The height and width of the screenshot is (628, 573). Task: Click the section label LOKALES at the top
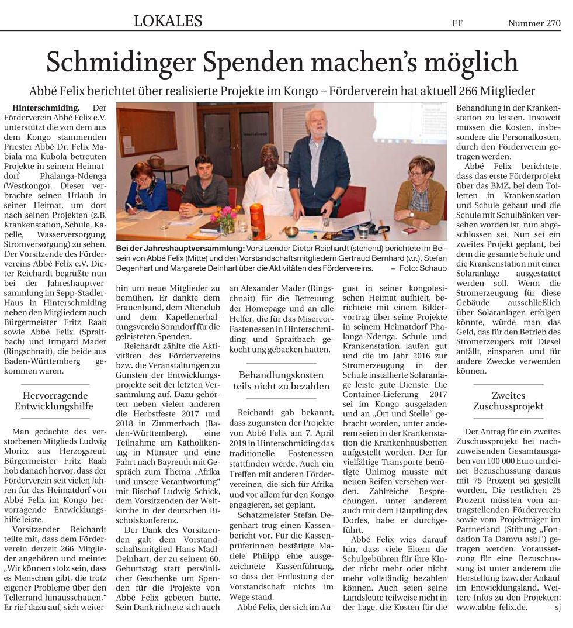click(168, 22)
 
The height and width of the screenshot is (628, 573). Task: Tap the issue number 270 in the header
click(553, 24)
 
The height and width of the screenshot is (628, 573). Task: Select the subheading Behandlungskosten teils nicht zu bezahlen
click(282, 380)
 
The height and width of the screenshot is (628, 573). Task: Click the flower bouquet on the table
click(224, 214)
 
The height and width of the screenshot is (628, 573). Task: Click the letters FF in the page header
click(458, 24)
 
